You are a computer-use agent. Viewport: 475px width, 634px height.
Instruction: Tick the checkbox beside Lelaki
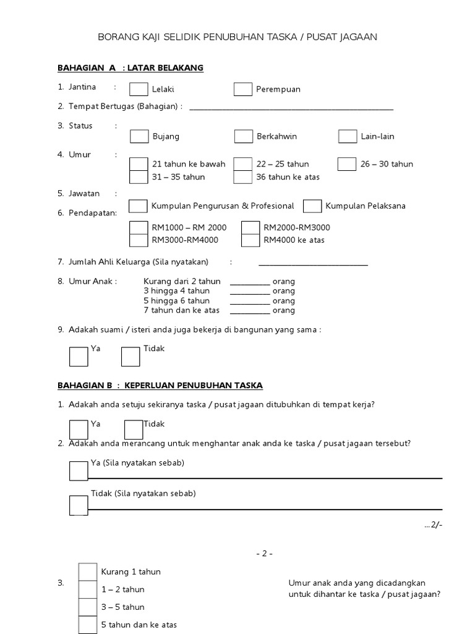tap(139, 89)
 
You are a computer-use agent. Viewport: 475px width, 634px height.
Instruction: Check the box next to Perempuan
tap(243, 89)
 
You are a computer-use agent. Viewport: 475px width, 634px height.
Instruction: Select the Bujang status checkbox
tap(139, 136)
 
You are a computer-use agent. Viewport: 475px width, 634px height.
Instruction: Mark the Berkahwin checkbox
tap(244, 136)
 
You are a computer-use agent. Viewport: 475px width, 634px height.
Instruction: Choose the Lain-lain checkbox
tap(348, 136)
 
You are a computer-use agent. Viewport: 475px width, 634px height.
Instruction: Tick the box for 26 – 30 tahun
tap(347, 164)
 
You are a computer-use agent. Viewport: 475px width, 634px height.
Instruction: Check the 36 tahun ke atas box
tap(243, 177)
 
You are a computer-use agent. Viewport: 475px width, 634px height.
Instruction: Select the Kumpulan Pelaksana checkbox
tap(312, 206)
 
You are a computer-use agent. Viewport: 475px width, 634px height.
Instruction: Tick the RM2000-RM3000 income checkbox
tap(250, 227)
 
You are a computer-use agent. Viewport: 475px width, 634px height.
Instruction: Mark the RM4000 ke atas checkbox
tap(250, 240)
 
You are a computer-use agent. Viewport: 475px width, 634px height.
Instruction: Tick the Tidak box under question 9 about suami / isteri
tap(131, 357)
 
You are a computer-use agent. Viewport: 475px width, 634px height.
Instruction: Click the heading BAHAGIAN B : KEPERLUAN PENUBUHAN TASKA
tap(160, 386)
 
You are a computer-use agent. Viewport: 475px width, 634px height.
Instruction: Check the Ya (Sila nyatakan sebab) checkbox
tap(79, 471)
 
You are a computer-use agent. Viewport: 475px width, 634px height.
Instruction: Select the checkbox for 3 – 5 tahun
tap(88, 607)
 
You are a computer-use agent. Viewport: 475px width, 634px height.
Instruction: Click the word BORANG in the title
tap(116, 37)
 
